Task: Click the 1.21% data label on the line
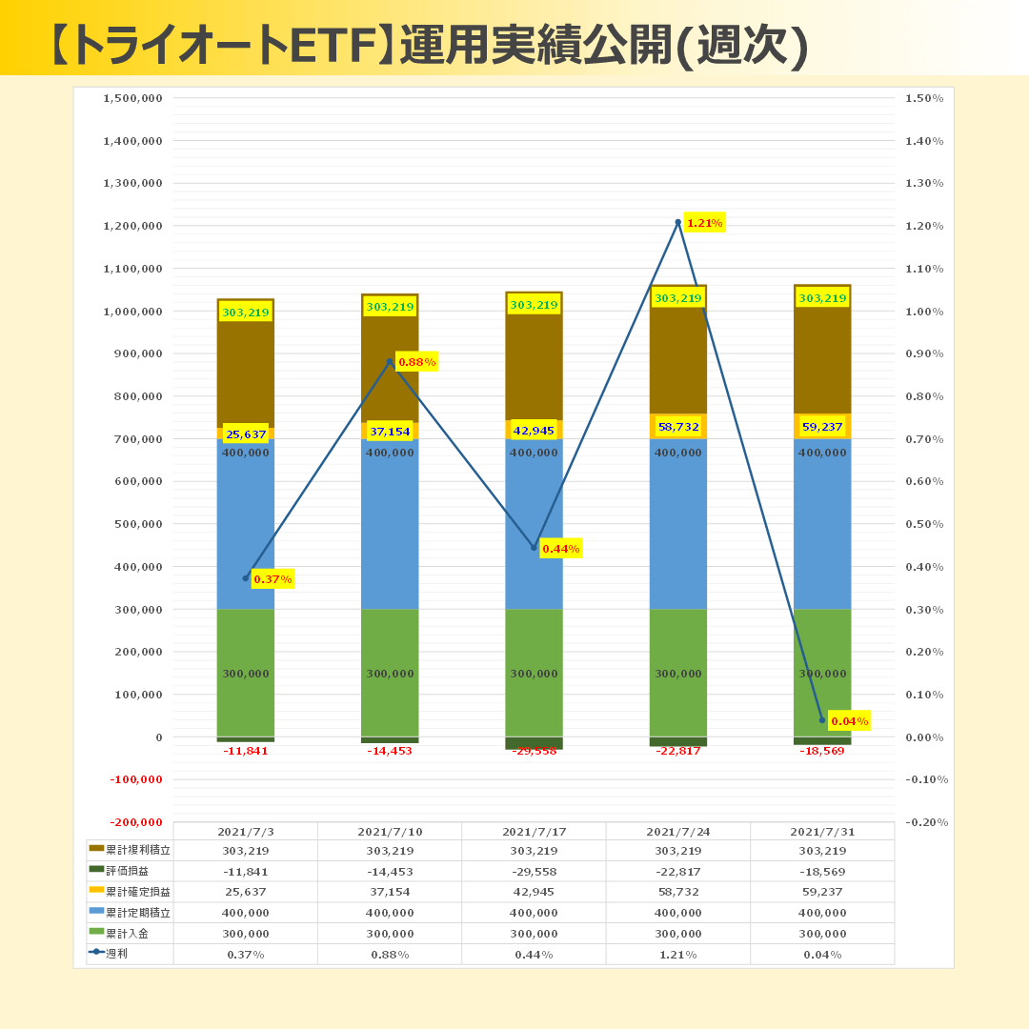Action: [704, 224]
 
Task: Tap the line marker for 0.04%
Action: [822, 720]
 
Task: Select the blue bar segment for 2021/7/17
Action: [534, 524]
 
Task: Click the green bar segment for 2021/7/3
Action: [245, 673]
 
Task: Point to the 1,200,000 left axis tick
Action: [132, 226]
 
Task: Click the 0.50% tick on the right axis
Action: [924, 524]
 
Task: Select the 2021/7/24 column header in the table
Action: [677, 832]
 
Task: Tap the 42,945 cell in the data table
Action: [534, 893]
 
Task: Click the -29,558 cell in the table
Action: [534, 872]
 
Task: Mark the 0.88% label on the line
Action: [416, 362]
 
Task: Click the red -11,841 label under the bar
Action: [245, 751]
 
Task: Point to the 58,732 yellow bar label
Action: [677, 427]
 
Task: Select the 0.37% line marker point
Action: [245, 578]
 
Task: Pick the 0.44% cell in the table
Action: [534, 955]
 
